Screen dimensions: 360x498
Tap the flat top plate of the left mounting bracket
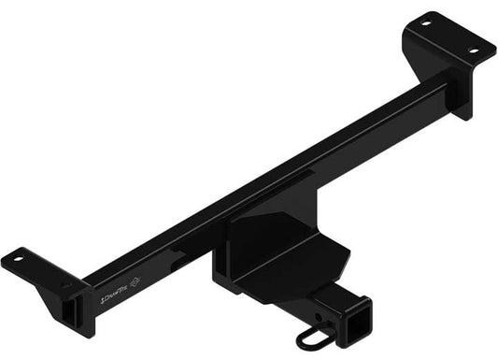pos(37,267)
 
